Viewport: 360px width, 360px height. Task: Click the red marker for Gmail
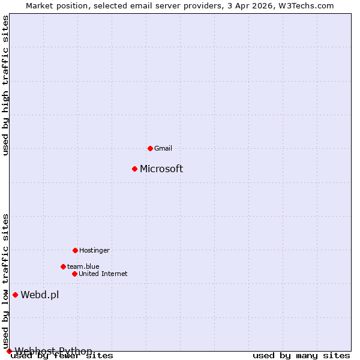pos(150,148)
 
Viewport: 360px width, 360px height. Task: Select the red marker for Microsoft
pos(134,169)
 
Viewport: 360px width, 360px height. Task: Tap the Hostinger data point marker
pos(75,250)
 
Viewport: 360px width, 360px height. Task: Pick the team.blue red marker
pos(63,266)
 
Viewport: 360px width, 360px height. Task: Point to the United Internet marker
pos(74,274)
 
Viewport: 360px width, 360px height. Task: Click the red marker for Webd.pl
pos(15,295)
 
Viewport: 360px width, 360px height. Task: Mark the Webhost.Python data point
pos(9,351)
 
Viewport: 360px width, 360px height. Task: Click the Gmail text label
pos(163,148)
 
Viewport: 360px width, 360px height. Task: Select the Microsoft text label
pos(161,169)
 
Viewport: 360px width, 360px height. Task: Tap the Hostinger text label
pos(94,250)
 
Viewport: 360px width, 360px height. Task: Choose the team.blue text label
pos(83,266)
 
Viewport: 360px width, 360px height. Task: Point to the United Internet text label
pos(103,274)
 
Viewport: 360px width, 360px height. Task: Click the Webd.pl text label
pos(40,295)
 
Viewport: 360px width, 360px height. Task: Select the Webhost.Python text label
pos(53,351)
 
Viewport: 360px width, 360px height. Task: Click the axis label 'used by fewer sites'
pos(62,356)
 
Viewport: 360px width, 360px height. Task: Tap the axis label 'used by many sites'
pos(301,356)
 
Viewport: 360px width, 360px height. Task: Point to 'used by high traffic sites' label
pos(5,85)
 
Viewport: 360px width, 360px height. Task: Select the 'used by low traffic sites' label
pos(5,281)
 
